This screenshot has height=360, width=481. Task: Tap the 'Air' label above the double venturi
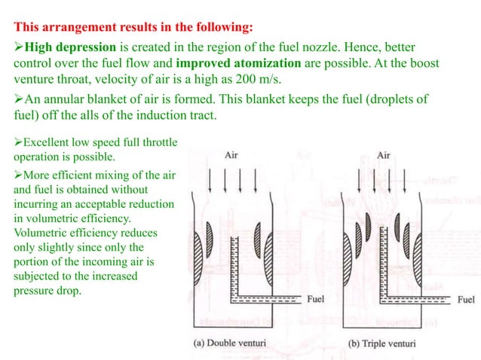[x=233, y=155]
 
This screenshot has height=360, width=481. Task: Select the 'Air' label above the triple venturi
[x=383, y=155]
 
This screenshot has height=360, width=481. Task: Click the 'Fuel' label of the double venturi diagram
[x=317, y=299]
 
